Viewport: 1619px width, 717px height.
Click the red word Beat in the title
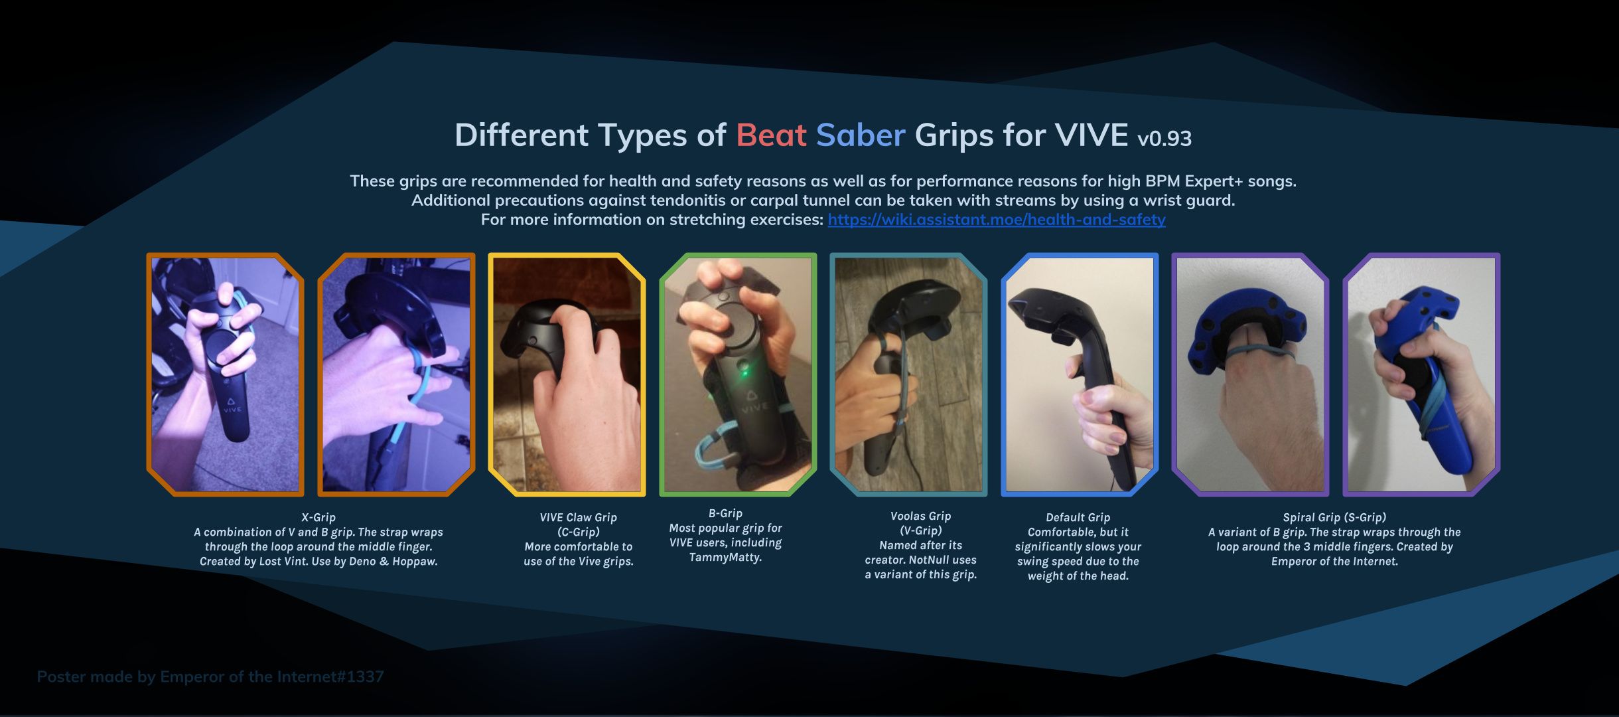point(771,135)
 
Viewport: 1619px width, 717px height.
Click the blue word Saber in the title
point(861,135)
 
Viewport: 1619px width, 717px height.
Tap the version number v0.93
point(1164,138)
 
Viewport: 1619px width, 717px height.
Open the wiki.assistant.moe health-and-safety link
point(997,220)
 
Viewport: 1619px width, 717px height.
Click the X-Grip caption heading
point(318,517)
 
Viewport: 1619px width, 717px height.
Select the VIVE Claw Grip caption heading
point(578,517)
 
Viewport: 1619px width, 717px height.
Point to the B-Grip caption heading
point(725,513)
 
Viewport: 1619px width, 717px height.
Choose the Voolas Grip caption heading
point(920,516)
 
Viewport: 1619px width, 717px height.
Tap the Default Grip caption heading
point(1078,517)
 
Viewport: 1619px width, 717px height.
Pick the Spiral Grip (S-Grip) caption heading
point(1334,517)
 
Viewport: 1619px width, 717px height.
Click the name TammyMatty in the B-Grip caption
point(725,557)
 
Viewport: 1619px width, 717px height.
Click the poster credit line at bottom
point(210,677)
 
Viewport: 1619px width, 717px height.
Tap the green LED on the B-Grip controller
point(745,372)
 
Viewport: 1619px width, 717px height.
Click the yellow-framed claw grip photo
point(567,374)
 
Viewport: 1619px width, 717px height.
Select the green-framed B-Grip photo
point(738,374)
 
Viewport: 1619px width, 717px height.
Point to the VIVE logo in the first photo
point(232,405)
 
